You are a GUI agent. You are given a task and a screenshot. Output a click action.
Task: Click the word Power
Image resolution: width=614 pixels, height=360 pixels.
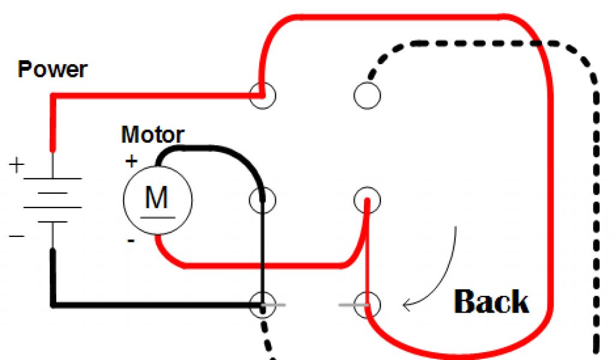[x=52, y=70]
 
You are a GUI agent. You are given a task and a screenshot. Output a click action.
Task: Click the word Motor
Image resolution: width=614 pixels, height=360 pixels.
[x=152, y=134]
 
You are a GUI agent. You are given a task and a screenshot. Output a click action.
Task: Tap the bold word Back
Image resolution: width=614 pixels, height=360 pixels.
[x=492, y=302]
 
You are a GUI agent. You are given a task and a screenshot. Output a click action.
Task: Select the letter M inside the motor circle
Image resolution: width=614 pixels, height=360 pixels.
[x=157, y=197]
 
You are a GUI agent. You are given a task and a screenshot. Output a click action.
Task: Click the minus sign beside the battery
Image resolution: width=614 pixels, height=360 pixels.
[x=17, y=236]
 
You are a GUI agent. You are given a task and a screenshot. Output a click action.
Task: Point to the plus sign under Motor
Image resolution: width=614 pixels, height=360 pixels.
[x=131, y=161]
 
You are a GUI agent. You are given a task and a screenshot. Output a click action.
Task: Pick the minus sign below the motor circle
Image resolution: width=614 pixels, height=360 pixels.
[x=131, y=241]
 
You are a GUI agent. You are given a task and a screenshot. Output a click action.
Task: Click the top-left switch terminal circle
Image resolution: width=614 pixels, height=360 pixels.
[x=262, y=95]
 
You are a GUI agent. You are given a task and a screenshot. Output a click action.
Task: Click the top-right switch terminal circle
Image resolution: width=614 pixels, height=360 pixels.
[x=366, y=95]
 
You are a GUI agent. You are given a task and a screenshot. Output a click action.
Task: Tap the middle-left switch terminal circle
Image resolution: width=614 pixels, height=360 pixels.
[x=262, y=199]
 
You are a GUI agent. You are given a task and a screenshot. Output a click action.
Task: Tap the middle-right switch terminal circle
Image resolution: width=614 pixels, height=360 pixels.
[x=366, y=199]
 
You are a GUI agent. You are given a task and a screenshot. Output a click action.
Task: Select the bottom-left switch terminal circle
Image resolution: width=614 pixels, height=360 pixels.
[x=262, y=305]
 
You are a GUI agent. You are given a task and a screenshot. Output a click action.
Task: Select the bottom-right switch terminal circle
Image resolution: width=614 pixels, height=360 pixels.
[x=366, y=305]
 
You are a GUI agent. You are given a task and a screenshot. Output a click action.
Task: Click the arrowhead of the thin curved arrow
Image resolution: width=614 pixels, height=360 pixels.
[x=407, y=306]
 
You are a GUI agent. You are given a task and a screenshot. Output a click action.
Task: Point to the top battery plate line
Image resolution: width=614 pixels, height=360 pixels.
[x=53, y=178]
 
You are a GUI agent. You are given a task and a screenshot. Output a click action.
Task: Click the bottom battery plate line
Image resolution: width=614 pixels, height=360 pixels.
[x=53, y=222]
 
